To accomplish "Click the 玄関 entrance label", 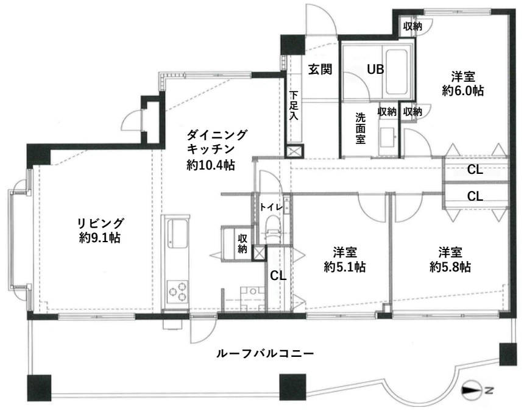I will pyautogui.click(x=319, y=69).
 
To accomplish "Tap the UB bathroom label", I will pyautogui.click(x=375, y=69).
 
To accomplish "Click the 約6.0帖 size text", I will pyautogui.click(x=463, y=91).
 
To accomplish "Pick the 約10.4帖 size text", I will pyautogui.click(x=211, y=165).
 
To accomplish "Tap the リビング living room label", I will pyautogui.click(x=101, y=222).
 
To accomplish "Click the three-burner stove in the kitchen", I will pyautogui.click(x=177, y=293).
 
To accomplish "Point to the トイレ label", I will pyautogui.click(x=271, y=207).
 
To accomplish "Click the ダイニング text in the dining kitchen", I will pyautogui.click(x=218, y=134).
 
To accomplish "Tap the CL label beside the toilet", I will pyautogui.click(x=278, y=275).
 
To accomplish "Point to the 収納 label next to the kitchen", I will pyautogui.click(x=242, y=243).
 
